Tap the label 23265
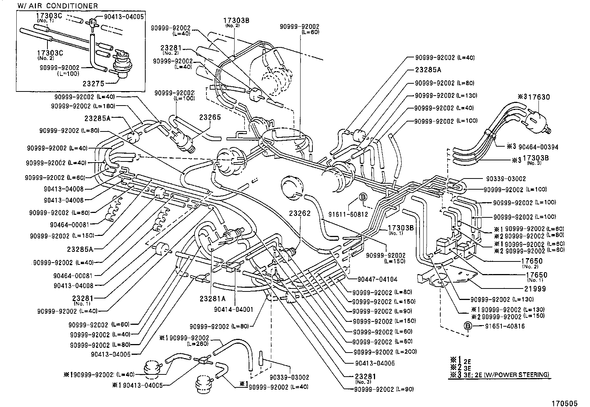(210, 117)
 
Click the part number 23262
(301, 214)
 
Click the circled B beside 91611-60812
(363, 197)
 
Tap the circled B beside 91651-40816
(468, 326)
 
